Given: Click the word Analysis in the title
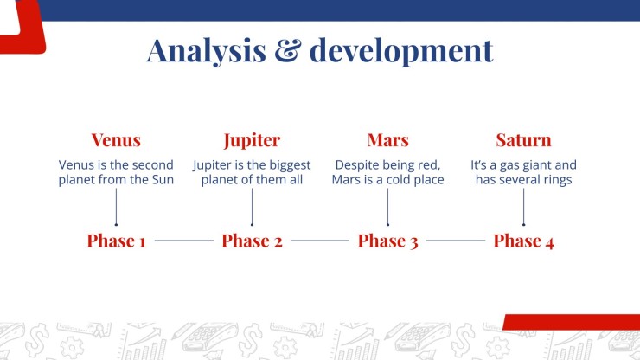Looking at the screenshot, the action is point(206,51).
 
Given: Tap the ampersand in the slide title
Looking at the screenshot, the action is point(288,51).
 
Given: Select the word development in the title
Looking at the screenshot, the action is point(401,51).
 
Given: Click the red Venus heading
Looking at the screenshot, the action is point(116,140).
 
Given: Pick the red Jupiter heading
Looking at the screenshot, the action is point(252,141).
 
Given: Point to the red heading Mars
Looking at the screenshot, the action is point(387,140).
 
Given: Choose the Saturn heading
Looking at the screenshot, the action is point(523,140).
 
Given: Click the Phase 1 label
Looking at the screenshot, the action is point(117,241).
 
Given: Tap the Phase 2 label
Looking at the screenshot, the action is point(252,241).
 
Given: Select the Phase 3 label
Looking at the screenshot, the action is point(387,241).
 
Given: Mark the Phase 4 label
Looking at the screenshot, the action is point(523,241).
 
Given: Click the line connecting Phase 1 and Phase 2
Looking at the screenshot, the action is point(184,241).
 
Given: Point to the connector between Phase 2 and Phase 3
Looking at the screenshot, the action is point(320,241).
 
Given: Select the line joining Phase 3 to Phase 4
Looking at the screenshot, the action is point(456,241).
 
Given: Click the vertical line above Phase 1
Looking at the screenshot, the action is point(117,207).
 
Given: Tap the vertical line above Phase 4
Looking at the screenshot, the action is point(523,207).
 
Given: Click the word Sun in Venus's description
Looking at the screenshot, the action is point(163,179).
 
